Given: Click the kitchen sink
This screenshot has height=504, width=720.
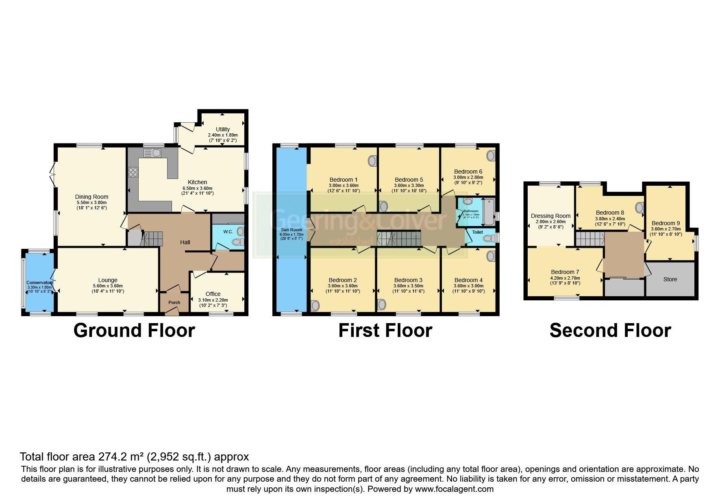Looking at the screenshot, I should pos(152,153).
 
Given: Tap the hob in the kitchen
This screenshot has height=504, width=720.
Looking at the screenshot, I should pos(133,172).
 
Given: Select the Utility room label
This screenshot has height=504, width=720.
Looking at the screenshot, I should pos(222,129).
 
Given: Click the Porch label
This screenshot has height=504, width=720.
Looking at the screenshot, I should pos(174,302).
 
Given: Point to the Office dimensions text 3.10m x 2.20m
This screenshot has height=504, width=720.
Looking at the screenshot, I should pos(213,300).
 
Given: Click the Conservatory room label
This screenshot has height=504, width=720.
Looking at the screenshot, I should pos(39,282).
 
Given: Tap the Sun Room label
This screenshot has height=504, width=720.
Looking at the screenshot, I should pos(291,230).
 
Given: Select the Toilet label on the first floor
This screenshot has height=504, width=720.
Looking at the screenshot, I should pos(477,232).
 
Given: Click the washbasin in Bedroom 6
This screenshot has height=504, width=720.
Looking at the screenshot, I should pos(491,155).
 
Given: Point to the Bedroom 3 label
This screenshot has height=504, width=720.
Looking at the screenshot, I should pos(408,280).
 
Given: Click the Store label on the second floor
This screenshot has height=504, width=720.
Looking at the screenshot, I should pos(670,279).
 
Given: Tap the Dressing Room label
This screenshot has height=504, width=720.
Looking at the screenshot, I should pos(550,216).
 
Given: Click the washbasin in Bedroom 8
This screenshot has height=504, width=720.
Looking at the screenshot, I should pos(640,208).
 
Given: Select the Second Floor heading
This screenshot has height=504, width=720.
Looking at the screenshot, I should pos(610,330).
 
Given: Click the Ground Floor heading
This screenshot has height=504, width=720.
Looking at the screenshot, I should pos(134,330).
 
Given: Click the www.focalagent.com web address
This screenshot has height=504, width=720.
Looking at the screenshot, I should pos(454,489).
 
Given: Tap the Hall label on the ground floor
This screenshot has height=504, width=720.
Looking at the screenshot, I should pos(185,242).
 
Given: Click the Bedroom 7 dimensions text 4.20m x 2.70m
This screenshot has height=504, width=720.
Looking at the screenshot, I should pos(565,278).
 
